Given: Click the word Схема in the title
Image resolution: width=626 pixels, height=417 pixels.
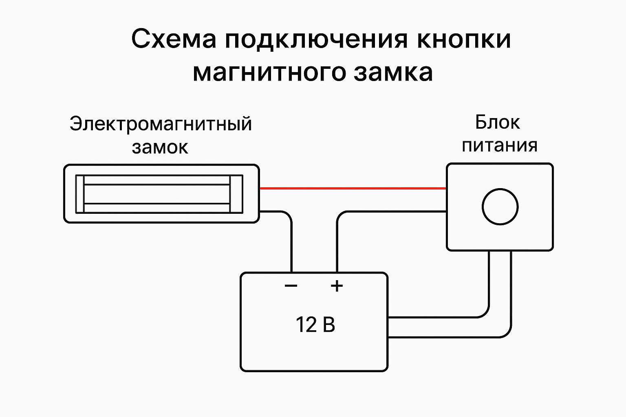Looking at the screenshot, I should [x=174, y=40].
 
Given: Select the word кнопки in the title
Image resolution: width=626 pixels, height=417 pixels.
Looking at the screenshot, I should [x=464, y=40].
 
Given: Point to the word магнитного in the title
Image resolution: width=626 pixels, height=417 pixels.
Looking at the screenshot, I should [x=269, y=73].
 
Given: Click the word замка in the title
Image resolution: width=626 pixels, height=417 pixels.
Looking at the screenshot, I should [x=393, y=73].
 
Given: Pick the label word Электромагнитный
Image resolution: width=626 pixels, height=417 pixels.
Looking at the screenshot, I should [x=161, y=124].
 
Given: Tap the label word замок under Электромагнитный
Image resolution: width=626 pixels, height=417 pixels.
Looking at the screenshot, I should [x=160, y=147].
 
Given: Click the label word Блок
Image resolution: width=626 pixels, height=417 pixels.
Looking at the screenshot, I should [x=497, y=122].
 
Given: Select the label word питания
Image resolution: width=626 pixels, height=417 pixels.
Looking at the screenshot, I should [x=499, y=145].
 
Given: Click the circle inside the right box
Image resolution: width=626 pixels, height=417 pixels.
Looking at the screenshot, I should [x=500, y=206].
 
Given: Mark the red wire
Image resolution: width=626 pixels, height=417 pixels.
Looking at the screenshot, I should [x=353, y=188].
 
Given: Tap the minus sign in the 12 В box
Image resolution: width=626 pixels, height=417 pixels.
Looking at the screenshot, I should [x=291, y=285].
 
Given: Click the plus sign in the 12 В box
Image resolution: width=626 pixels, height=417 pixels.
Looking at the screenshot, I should [x=337, y=285].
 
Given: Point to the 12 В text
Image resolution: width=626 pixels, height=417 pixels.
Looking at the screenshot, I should [x=315, y=325].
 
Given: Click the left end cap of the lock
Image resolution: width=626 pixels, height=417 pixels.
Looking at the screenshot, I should [x=80, y=194].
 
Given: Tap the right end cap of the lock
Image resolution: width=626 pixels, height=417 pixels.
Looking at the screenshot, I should [x=236, y=194].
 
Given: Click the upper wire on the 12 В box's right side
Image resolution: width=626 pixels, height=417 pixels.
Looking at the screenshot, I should [x=440, y=317].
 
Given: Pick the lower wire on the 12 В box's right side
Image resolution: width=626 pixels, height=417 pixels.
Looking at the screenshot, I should [x=448, y=337].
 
